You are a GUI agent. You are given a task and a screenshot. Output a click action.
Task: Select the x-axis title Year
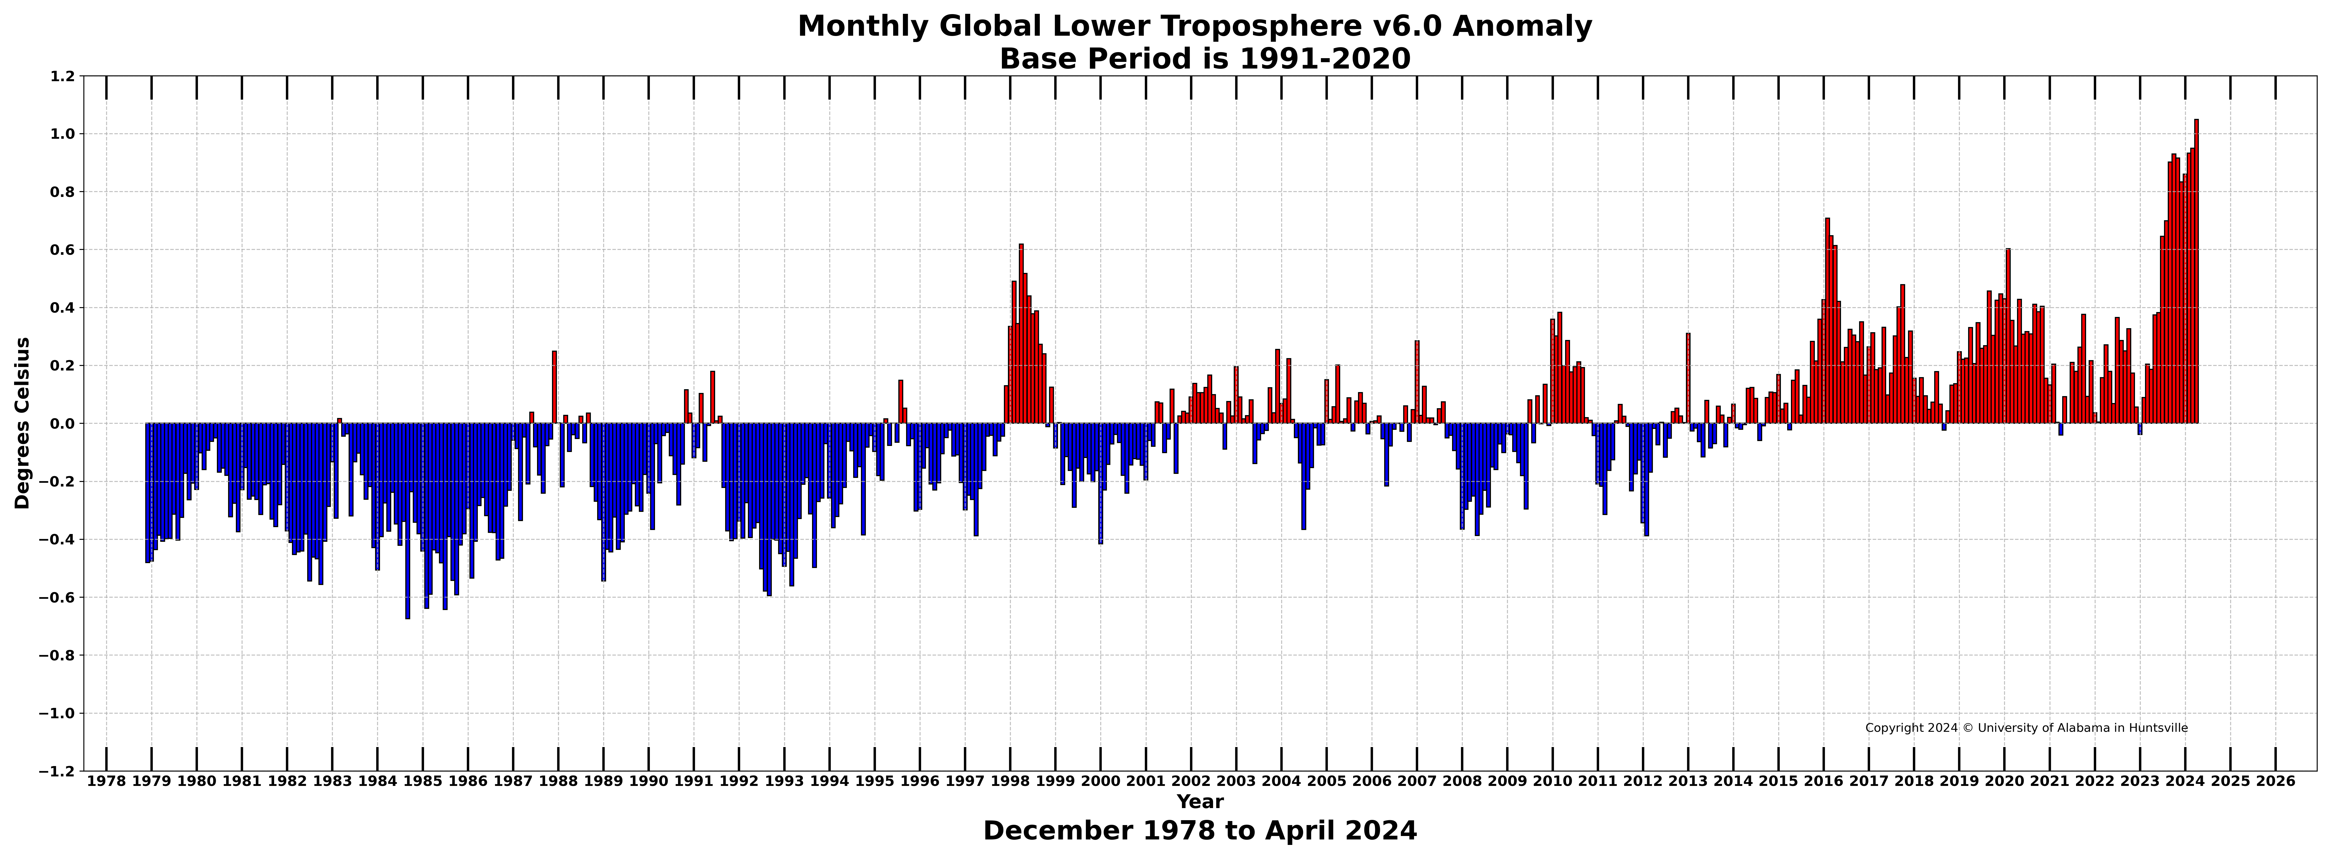1200,802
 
